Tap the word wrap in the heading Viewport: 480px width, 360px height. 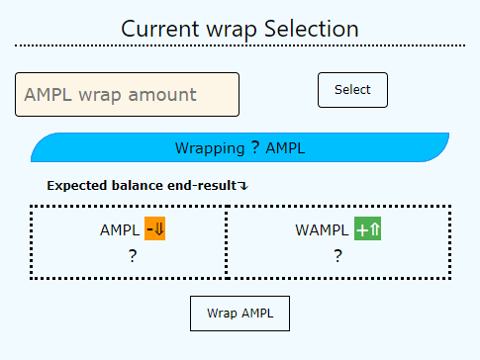tap(237, 29)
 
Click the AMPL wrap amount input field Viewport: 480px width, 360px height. tap(127, 96)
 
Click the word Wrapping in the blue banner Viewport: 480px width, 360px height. tap(209, 148)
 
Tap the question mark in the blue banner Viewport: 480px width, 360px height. tap(255, 148)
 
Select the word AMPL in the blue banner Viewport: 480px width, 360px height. tap(286, 148)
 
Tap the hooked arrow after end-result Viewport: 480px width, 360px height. tap(243, 186)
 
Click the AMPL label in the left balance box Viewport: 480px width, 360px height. tap(120, 230)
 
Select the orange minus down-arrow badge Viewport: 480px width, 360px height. tap(154, 229)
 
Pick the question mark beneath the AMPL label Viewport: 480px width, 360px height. tap(133, 256)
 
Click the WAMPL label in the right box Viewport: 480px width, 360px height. tap(322, 230)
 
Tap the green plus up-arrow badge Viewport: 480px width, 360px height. tap(368, 229)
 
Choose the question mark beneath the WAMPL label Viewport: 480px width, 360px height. tap(337, 256)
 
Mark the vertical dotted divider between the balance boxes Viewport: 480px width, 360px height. tap(227, 242)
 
